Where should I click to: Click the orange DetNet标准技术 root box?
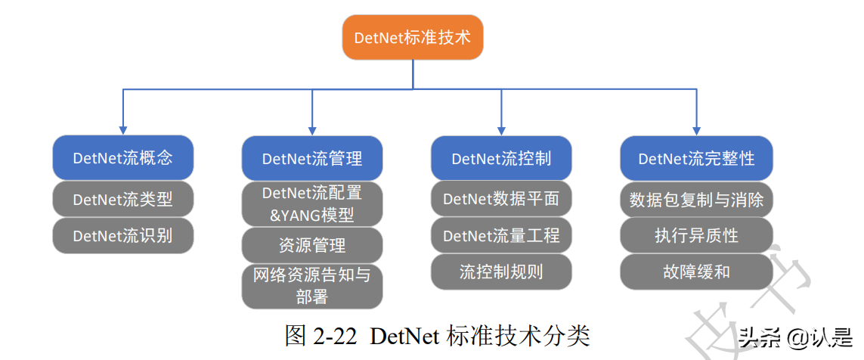click(x=413, y=37)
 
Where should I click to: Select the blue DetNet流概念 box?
click(x=123, y=158)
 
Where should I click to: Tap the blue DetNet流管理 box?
click(x=312, y=158)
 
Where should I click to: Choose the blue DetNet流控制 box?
click(x=501, y=158)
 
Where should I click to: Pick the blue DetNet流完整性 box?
click(x=696, y=158)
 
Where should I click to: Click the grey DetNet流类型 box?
click(x=123, y=200)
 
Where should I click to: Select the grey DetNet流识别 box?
click(x=123, y=235)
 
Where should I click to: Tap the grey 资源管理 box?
click(x=312, y=245)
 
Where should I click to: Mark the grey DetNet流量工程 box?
click(x=501, y=235)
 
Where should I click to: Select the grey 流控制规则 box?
click(x=501, y=271)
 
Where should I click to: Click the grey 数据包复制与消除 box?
click(x=696, y=200)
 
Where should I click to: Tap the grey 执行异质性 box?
click(x=696, y=235)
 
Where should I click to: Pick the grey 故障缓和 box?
click(x=696, y=271)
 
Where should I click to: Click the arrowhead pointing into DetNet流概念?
click(x=123, y=130)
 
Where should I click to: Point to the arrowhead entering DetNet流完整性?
click(x=696, y=130)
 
